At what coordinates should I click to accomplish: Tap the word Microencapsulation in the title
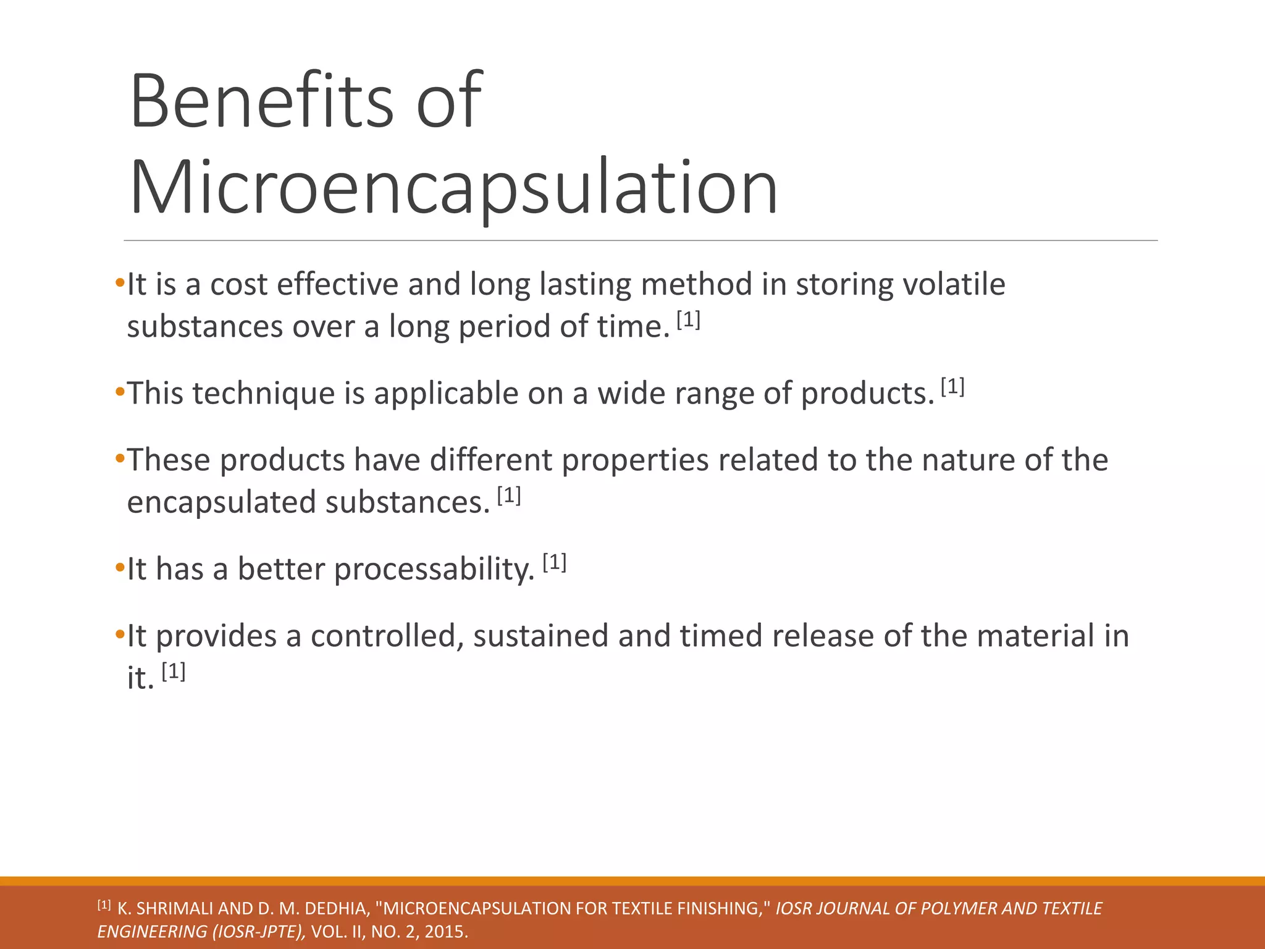tap(454, 187)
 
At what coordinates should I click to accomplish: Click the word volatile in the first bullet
tap(954, 285)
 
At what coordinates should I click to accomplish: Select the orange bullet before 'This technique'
tap(120, 392)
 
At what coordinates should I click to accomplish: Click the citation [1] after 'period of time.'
tap(688, 320)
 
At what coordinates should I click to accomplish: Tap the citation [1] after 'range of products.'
tap(952, 387)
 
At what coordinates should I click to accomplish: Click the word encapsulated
tap(222, 502)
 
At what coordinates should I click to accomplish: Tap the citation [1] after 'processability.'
tap(554, 563)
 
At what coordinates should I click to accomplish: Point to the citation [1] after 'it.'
tap(174, 672)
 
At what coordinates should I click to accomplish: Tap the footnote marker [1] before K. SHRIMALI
tap(104, 906)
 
